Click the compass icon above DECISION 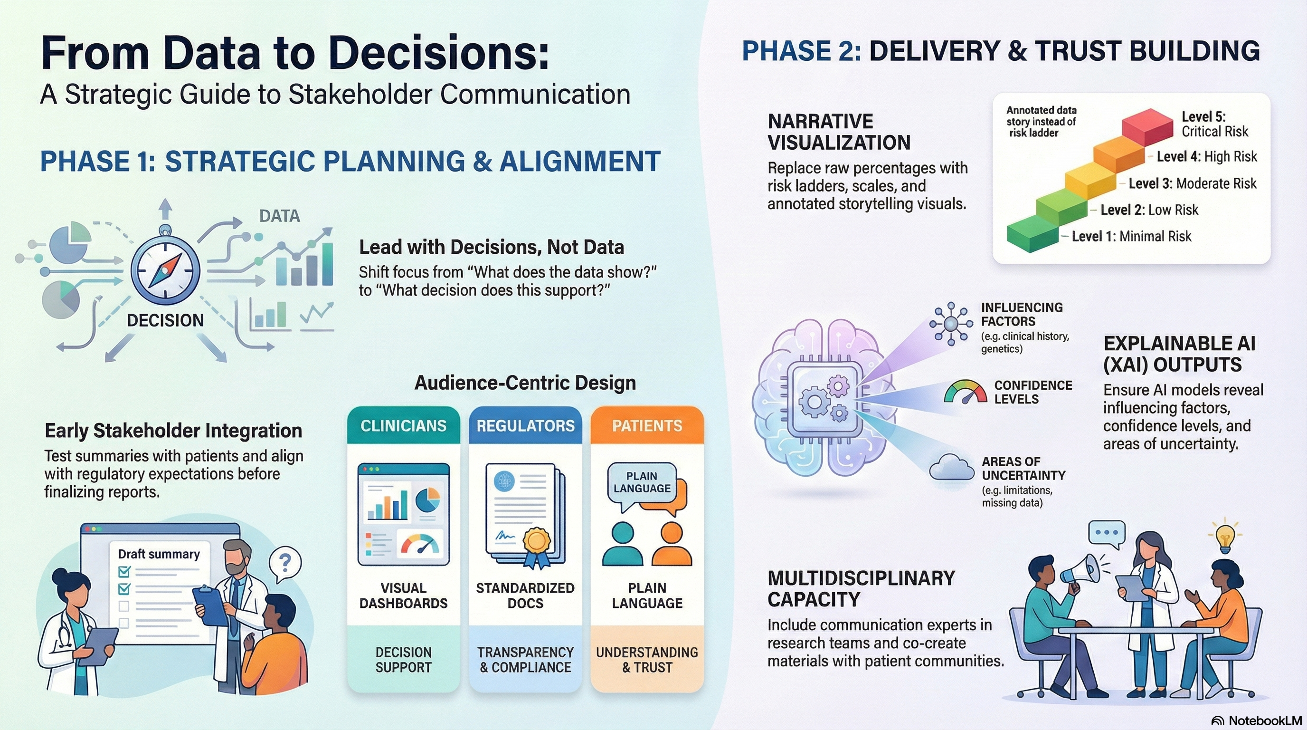click(x=165, y=269)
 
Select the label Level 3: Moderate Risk click(x=1193, y=183)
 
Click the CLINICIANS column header click(x=403, y=425)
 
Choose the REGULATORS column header click(x=525, y=425)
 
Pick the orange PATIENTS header click(x=647, y=425)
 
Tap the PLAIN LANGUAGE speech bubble click(x=642, y=482)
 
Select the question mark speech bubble click(x=284, y=563)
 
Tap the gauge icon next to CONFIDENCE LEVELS click(x=965, y=392)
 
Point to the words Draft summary click(x=159, y=554)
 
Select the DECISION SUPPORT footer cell click(x=403, y=660)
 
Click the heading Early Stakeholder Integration click(x=173, y=431)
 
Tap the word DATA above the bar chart click(x=280, y=216)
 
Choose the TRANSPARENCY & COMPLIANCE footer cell click(x=525, y=660)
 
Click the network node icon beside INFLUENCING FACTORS click(x=950, y=324)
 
